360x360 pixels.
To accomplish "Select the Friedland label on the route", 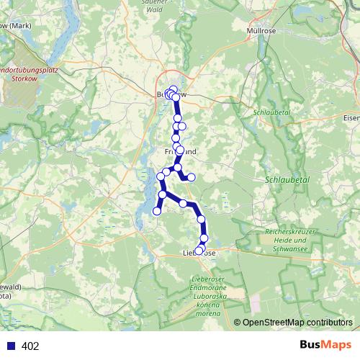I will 180,152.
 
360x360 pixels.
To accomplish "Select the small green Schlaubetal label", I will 271,113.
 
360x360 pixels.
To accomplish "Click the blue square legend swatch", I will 11,346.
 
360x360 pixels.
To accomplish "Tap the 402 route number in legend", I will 30,346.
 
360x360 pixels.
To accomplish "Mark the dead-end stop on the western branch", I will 157,211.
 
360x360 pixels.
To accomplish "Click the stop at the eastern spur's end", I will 192,177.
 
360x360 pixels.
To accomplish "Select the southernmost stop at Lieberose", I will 199,251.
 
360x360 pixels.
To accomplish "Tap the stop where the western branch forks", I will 163,194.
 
